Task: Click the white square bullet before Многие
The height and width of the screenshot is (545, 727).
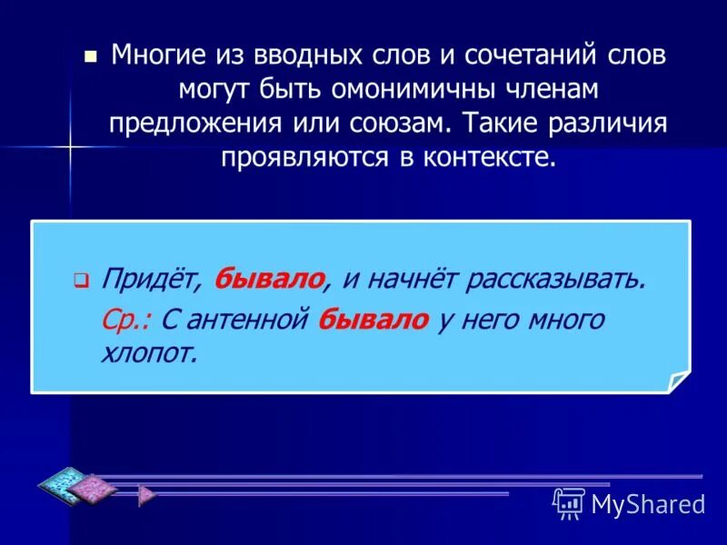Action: tap(89, 55)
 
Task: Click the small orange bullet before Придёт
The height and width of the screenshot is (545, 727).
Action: tap(80, 281)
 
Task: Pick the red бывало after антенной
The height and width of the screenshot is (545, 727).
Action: tap(373, 320)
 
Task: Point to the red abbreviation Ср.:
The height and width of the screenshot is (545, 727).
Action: tap(127, 320)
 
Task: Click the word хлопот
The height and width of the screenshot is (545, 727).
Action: tap(148, 352)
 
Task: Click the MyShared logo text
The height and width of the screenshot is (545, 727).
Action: tap(648, 502)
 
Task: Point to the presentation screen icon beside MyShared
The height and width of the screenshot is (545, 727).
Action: tap(569, 501)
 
